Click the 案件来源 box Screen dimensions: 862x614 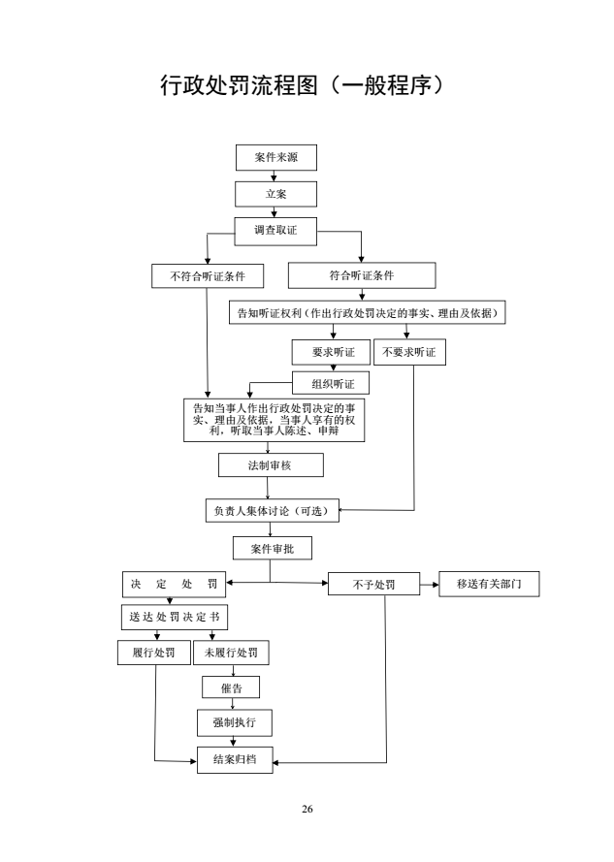pyautogui.click(x=275, y=157)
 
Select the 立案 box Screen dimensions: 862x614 pyautogui.click(x=275, y=194)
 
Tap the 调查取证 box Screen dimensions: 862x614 pyautogui.click(x=275, y=230)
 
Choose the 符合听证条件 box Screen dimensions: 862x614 pyautogui.click(x=361, y=275)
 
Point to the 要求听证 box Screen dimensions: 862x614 pyautogui.click(x=333, y=352)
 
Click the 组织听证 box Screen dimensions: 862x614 pyautogui.click(x=333, y=384)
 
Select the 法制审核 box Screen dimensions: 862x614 pyautogui.click(x=271, y=465)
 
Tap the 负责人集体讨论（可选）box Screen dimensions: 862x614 pyautogui.click(x=272, y=511)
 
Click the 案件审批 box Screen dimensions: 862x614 pyautogui.click(x=272, y=549)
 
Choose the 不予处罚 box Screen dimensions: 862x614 pyautogui.click(x=373, y=585)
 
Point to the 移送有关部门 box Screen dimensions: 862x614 pyautogui.click(x=489, y=584)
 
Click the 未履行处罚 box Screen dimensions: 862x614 pyautogui.click(x=231, y=653)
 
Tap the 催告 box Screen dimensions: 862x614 pyautogui.click(x=231, y=687)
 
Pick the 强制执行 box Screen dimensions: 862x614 pyautogui.click(x=235, y=722)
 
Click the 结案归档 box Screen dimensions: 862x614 pyautogui.click(x=235, y=760)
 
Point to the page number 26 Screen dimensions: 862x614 pyautogui.click(x=307, y=809)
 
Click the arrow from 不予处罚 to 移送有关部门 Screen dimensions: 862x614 pyautogui.click(x=430, y=585)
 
